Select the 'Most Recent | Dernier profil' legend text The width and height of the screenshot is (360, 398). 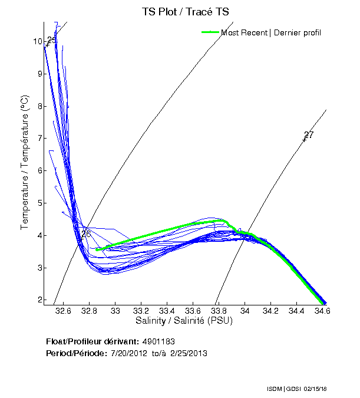pos(271,32)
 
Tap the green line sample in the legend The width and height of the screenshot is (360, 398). pos(210,32)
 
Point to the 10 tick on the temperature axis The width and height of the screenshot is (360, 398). pos(38,42)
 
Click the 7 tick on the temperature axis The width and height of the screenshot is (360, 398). pos(39,138)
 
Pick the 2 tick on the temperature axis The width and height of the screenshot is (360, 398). pos(39,300)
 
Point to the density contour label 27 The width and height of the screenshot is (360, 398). pos(309,135)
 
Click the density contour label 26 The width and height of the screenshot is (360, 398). pos(86,234)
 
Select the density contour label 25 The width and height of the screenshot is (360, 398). pos(51,40)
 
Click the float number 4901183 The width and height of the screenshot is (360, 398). pos(158,341)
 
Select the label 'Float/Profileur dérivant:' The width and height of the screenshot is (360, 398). pos(92,341)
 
